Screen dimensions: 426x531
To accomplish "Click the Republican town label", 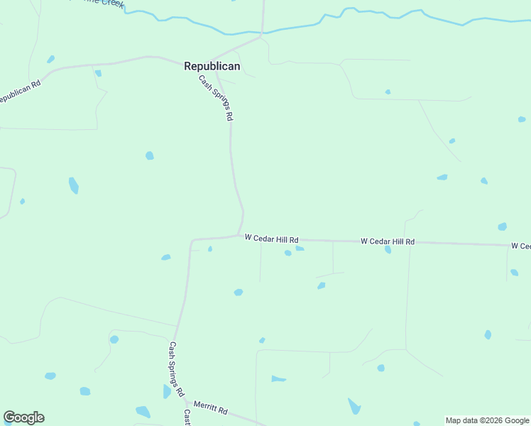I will pyautogui.click(x=212, y=66).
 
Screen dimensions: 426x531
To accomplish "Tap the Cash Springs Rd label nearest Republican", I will pyautogui.click(x=216, y=98).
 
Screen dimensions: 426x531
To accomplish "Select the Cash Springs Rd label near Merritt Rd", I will pyautogui.click(x=176, y=369).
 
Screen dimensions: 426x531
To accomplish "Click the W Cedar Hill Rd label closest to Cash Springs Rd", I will pyautogui.click(x=271, y=239).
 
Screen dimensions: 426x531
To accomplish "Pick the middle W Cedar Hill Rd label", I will pyautogui.click(x=387, y=241).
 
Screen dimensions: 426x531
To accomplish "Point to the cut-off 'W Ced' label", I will pyautogui.click(x=520, y=246).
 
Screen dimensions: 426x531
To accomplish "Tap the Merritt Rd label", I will pyautogui.click(x=210, y=410).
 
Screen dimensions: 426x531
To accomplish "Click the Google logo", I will pyautogui.click(x=23, y=417).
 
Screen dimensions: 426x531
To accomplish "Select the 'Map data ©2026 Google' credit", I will pyautogui.click(x=487, y=420).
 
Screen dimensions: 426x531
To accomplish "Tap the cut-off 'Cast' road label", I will pyautogui.click(x=187, y=417).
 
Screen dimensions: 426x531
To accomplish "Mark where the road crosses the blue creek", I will pyautogui.click(x=262, y=32).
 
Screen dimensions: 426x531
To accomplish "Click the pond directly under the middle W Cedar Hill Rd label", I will pyautogui.click(x=388, y=250).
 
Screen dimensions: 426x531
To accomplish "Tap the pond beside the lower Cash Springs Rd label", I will pyautogui.click(x=167, y=391).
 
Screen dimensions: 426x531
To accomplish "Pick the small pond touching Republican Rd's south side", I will pyautogui.click(x=98, y=73).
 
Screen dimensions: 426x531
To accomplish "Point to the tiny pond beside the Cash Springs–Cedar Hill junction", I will pyautogui.click(x=210, y=248).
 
